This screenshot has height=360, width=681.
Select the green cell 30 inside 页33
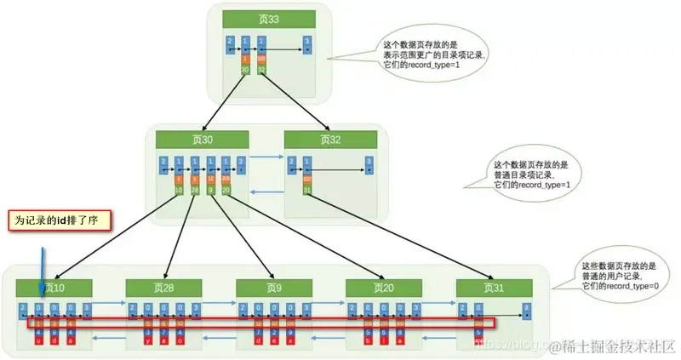(245, 70)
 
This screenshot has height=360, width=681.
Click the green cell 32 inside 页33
(262, 70)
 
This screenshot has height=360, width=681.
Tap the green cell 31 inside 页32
(305, 190)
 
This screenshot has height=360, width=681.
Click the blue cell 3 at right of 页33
(306, 44)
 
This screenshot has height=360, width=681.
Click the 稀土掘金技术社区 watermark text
(614, 347)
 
